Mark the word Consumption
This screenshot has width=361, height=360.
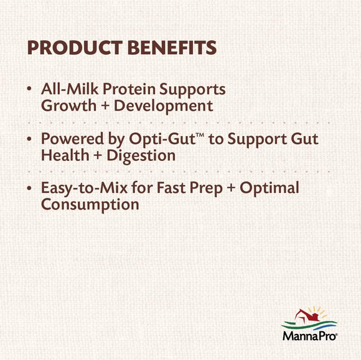point(90,205)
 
